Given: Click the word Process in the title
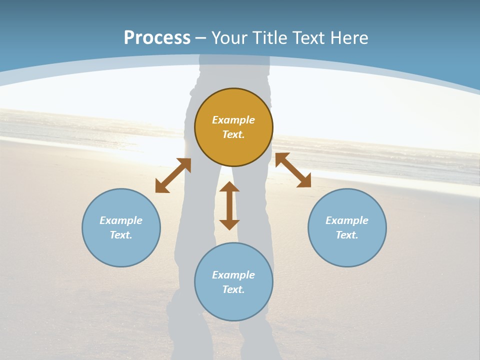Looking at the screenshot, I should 157,38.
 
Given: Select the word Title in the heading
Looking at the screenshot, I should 270,38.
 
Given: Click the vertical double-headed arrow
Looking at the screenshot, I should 229,205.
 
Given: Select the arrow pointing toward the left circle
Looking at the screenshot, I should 173,175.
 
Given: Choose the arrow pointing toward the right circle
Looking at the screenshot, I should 293,170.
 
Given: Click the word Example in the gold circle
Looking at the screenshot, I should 233,120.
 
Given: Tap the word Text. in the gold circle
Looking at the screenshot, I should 233,134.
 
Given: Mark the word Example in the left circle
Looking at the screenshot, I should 121,220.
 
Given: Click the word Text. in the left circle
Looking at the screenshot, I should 121,235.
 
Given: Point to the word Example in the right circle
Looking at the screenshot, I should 347,220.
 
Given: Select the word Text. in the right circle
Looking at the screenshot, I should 347,235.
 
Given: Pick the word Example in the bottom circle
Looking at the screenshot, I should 233,275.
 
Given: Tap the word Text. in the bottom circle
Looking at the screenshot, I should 233,289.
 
